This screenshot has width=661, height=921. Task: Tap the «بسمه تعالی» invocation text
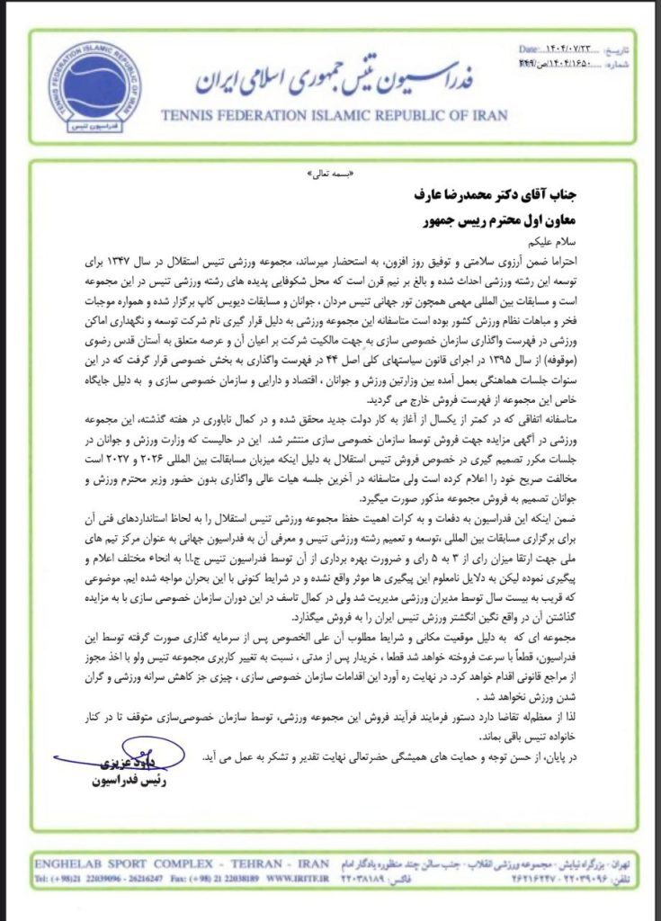point(334,175)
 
